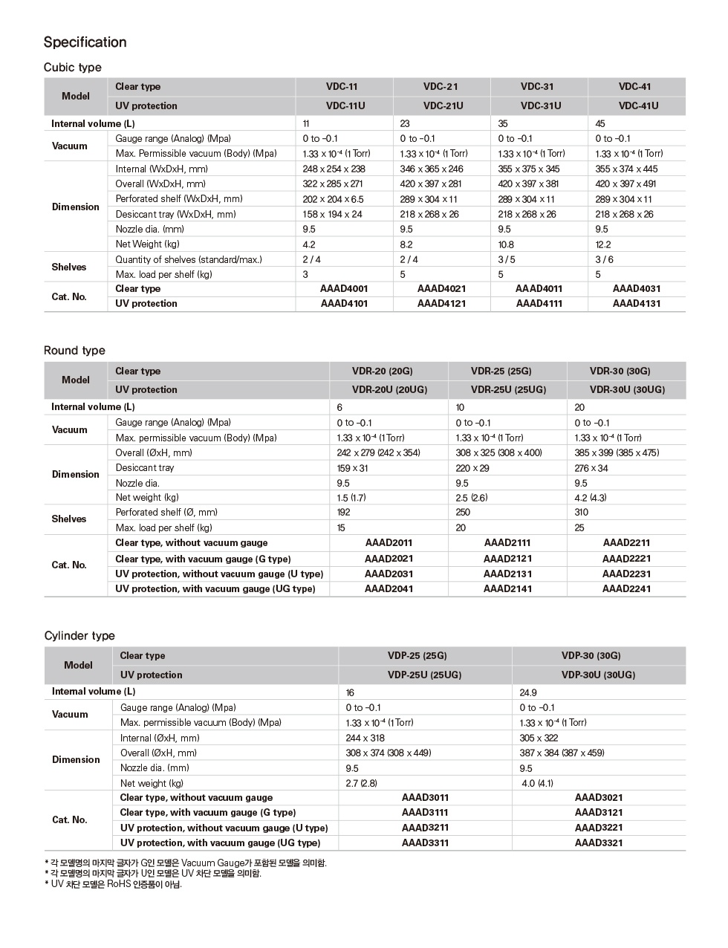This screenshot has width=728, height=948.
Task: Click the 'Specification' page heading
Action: pyautogui.click(x=85, y=42)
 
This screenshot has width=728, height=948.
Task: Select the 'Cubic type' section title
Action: pyautogui.click(x=72, y=68)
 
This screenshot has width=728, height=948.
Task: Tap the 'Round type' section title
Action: pyautogui.click(x=74, y=351)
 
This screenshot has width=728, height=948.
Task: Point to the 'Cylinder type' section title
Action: pyautogui.click(x=79, y=636)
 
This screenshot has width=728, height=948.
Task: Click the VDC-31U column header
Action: pyautogui.click(x=540, y=106)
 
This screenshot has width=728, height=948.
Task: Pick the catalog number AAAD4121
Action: pyautogui.click(x=441, y=304)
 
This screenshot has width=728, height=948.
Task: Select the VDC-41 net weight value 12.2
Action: pyautogui.click(x=603, y=244)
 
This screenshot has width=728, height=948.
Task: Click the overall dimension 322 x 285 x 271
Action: pyautogui.click(x=332, y=184)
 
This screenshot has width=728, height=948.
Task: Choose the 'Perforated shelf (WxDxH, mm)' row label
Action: pyautogui.click(x=178, y=199)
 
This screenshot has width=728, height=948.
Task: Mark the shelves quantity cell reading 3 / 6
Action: pyautogui.click(x=604, y=259)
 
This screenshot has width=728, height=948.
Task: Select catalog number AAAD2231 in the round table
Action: pyautogui.click(x=626, y=574)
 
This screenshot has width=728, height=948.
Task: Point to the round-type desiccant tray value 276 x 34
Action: pyautogui.click(x=591, y=468)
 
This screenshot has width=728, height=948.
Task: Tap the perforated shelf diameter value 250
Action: pyautogui.click(x=463, y=513)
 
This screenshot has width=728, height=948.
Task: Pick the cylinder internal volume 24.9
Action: pyautogui.click(x=528, y=692)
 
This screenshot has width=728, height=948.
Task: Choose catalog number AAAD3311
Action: pyautogui.click(x=425, y=843)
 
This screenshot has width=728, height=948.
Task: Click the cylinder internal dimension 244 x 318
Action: pyautogui.click(x=365, y=738)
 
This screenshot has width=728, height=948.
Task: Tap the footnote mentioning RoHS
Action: pyautogui.click(x=113, y=884)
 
